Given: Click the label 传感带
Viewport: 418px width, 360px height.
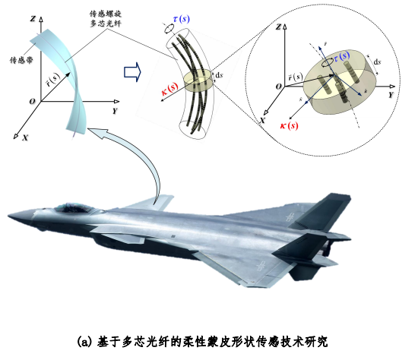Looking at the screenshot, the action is click(21, 60).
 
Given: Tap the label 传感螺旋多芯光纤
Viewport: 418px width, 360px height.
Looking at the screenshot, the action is click(106, 19).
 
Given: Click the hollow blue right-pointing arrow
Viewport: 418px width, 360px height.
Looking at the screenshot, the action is click(132, 72).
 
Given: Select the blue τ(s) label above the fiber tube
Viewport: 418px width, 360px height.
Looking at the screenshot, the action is click(182, 19).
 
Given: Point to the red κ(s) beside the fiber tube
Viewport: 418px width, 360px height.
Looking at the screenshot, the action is click(169, 89).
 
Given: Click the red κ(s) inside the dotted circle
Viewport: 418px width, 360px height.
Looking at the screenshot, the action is click(289, 125).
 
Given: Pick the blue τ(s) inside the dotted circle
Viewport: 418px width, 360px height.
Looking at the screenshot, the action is click(341, 56).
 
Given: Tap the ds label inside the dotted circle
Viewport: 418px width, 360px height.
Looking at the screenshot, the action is click(377, 62).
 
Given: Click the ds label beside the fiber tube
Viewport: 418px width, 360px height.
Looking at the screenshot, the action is click(219, 75).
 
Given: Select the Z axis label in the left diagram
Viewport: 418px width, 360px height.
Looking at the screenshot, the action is click(33, 19).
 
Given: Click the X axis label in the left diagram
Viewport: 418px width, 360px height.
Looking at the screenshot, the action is click(25, 137).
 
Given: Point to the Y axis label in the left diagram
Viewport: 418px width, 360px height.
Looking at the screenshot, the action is click(115, 111).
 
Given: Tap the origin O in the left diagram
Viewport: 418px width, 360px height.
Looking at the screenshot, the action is click(32, 101).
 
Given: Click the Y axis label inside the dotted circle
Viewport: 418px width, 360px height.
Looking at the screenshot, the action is click(391, 95).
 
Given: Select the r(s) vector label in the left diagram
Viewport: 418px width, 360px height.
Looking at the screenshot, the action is click(53, 79).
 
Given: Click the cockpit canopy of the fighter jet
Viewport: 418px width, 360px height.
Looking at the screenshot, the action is click(74, 207).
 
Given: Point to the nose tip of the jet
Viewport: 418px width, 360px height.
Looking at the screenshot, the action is click(9, 215).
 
